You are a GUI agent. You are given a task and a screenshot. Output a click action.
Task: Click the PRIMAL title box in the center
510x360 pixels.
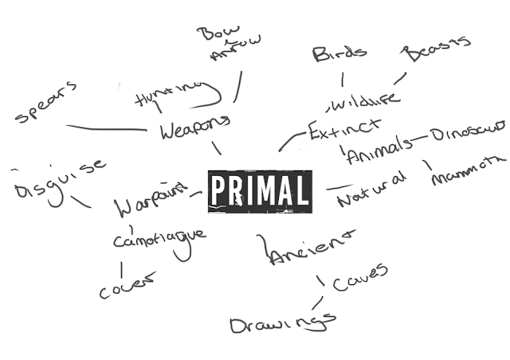[259, 191]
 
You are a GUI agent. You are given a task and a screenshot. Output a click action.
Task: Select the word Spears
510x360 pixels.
[46, 102]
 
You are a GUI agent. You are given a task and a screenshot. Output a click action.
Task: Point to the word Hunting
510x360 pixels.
[168, 94]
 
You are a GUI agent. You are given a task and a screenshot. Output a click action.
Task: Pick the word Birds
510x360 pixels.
[339, 53]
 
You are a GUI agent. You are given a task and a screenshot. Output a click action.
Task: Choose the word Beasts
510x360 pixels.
[436, 49]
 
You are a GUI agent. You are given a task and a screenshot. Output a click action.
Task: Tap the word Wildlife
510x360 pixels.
[363, 102]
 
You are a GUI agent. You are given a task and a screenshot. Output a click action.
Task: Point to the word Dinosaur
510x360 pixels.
[468, 131]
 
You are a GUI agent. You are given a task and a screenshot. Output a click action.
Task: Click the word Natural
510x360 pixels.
[371, 190]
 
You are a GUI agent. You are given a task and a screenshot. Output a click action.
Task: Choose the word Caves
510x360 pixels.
[359, 276]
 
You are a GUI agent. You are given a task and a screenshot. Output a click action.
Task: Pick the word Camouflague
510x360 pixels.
[159, 237]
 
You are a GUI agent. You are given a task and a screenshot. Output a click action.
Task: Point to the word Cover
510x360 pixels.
[127, 286]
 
